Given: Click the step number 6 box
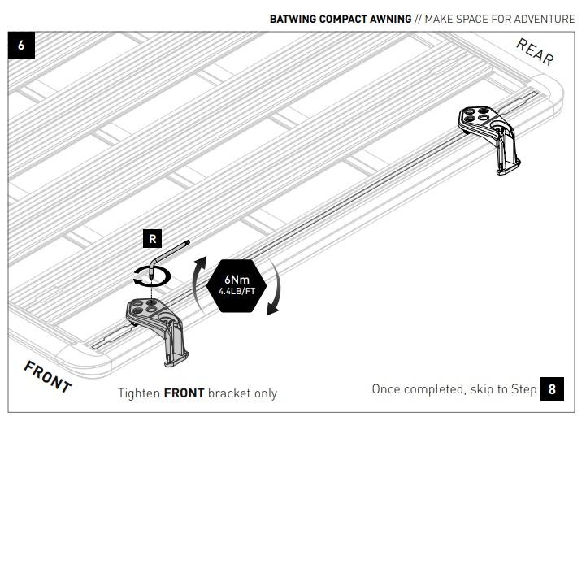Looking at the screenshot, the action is [x=21, y=45].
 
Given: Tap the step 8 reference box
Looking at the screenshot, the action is [x=552, y=389].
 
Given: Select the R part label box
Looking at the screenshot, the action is [x=153, y=238].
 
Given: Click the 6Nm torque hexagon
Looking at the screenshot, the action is [x=237, y=285].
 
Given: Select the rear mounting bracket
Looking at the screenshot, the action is [x=488, y=139].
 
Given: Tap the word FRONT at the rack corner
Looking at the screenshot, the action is [x=47, y=377].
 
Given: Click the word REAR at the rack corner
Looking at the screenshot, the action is [x=535, y=52].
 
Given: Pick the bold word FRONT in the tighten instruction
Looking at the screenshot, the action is [x=184, y=393].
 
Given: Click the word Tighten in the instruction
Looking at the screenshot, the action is [x=139, y=393].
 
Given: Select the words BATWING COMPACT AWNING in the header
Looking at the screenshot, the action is [x=341, y=19].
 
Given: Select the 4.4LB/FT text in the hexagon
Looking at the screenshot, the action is [x=237, y=291].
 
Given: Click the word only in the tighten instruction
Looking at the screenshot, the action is [x=266, y=393].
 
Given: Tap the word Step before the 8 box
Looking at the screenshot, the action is [x=523, y=389].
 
